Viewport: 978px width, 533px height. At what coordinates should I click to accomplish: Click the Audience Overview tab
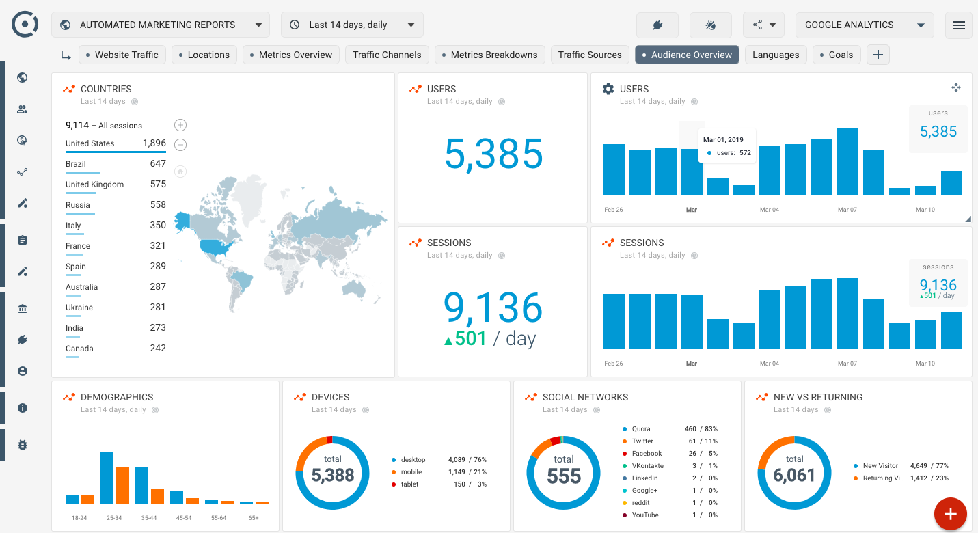(x=687, y=55)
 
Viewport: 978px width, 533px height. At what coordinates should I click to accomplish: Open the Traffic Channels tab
(x=387, y=55)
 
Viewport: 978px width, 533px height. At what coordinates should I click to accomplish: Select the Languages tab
(x=776, y=55)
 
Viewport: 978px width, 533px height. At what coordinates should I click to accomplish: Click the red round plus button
(x=950, y=513)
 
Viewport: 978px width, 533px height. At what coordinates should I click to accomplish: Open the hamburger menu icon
(x=958, y=25)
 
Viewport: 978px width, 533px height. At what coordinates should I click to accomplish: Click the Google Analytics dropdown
(x=864, y=25)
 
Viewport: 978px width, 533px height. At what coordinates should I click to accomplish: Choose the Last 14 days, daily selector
(x=352, y=25)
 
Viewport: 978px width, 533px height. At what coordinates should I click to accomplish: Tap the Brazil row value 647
(x=158, y=164)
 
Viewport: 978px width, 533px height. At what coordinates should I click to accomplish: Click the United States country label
(x=90, y=143)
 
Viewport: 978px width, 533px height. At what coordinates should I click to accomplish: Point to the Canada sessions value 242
(x=158, y=348)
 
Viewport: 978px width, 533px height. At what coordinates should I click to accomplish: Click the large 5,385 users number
(x=493, y=154)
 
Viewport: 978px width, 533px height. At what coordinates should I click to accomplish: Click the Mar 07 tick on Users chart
(x=847, y=210)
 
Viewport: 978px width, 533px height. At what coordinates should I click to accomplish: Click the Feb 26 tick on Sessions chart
(x=614, y=364)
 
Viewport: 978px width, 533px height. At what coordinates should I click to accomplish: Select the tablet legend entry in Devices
(x=409, y=484)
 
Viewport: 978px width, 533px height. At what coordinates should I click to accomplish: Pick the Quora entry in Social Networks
(x=640, y=429)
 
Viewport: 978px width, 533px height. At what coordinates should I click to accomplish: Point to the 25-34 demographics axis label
(x=114, y=518)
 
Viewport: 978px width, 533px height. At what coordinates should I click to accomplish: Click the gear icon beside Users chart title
(x=608, y=89)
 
